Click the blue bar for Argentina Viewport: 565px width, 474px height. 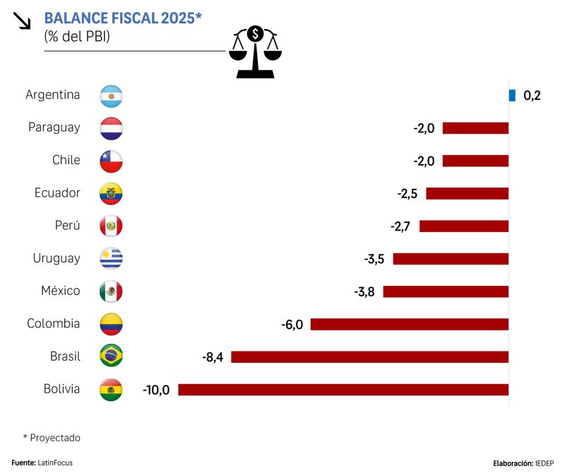tap(513, 95)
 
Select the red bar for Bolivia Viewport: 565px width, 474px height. tap(343, 389)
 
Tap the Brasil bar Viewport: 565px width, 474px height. tap(369, 357)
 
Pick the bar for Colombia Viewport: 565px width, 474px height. tap(410, 324)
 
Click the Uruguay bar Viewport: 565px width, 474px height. tap(451, 258)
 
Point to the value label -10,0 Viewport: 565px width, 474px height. tap(156, 389)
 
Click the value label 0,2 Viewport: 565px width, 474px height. tap(532, 96)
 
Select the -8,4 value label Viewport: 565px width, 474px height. tap(213, 357)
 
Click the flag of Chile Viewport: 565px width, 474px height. tap(112, 161)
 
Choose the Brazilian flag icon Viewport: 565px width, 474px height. tap(112, 356)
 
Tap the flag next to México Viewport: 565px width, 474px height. tap(112, 291)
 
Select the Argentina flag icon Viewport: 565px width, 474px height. tap(112, 96)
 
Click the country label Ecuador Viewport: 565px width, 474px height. tap(57, 193)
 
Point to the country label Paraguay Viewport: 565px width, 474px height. tap(54, 128)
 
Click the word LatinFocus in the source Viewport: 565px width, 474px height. tap(55, 463)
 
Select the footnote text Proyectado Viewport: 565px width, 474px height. tap(55, 438)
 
